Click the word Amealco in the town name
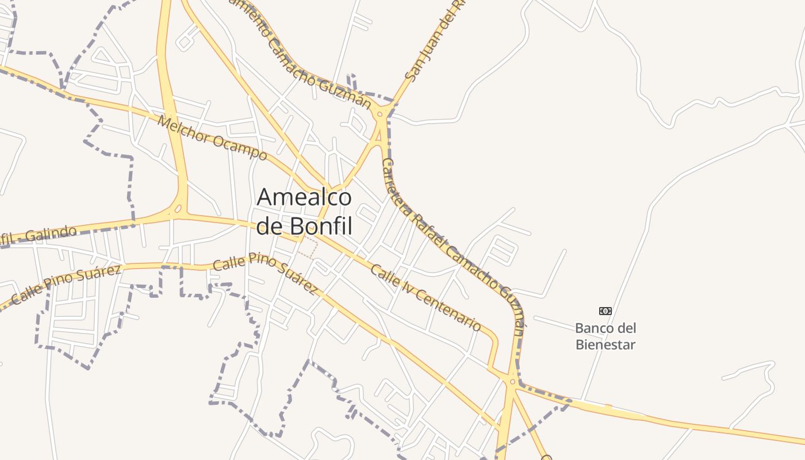click(304, 197)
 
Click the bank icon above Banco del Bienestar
click(605, 311)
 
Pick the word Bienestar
click(605, 345)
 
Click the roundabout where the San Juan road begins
click(379, 114)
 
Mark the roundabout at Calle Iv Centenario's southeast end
click(512, 381)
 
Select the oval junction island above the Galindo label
click(179, 208)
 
